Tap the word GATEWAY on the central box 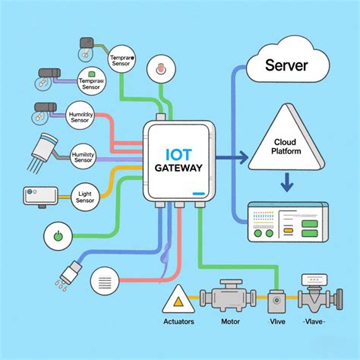click(178, 167)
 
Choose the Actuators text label click(178, 321)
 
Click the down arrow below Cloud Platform click(287, 182)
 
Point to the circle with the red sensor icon click(160, 71)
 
